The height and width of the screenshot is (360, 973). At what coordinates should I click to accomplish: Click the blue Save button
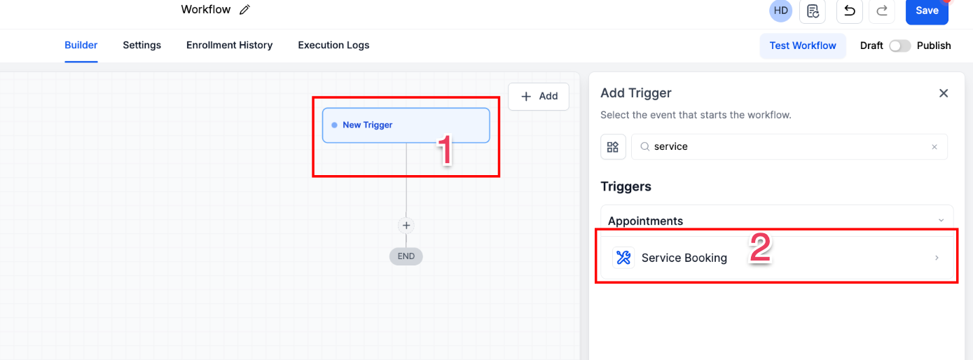[x=927, y=11]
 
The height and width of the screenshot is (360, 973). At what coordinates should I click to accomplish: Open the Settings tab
[x=142, y=46]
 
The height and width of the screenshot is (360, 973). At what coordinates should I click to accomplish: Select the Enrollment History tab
[x=229, y=46]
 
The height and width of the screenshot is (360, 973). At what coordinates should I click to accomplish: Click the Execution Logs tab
[x=333, y=46]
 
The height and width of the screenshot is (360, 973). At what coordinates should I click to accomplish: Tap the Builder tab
[x=81, y=46]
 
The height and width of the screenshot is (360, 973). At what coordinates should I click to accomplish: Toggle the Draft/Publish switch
[x=899, y=46]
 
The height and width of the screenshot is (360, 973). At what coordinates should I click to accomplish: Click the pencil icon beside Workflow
[x=244, y=10]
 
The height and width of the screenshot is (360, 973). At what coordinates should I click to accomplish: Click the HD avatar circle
[x=781, y=11]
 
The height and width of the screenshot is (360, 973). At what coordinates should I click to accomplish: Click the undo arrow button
[x=849, y=11]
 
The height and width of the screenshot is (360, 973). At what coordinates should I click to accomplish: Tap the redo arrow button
[x=882, y=11]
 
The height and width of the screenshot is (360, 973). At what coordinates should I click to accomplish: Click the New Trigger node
[x=406, y=125]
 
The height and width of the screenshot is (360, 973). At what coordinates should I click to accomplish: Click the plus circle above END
[x=406, y=226]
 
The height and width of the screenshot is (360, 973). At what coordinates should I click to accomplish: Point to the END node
[x=406, y=256]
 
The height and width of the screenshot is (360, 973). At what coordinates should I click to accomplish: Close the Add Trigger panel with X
[x=944, y=93]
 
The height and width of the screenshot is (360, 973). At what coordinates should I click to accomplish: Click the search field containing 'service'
[x=788, y=147]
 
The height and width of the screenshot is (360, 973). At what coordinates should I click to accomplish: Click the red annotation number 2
[x=761, y=248]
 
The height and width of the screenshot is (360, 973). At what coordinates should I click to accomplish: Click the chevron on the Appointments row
[x=941, y=221]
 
